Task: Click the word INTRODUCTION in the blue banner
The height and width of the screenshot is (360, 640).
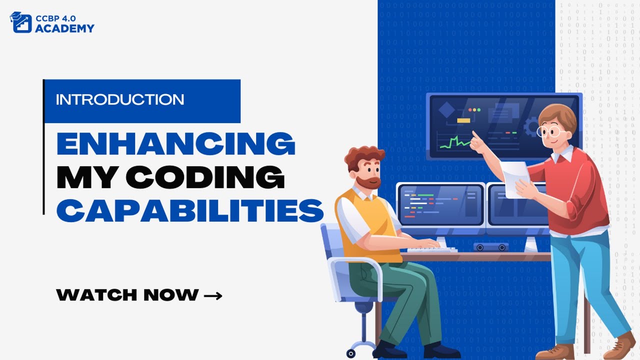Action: pos(119,99)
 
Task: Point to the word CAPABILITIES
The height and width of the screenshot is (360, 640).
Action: pos(190,210)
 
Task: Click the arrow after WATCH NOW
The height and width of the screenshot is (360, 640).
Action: pos(213,295)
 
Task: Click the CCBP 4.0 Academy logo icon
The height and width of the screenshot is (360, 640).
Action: pos(20,22)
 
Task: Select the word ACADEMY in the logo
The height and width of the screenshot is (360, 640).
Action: pos(64,28)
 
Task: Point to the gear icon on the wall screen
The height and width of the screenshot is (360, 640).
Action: pos(531,126)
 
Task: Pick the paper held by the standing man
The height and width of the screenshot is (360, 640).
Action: pos(514,178)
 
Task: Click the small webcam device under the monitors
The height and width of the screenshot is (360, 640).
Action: pos(490,246)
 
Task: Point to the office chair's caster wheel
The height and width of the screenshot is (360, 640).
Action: pos(351,353)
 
